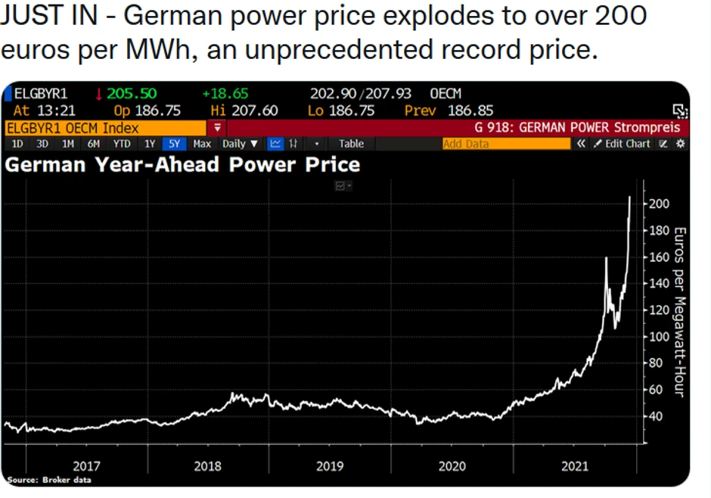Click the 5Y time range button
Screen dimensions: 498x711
[x=174, y=144]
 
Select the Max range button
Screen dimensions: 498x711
[x=202, y=144]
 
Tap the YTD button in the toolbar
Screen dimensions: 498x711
[x=122, y=144]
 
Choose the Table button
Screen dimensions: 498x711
[x=351, y=144]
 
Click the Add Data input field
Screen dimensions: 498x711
[x=505, y=144]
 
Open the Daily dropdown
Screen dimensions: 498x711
[x=240, y=144]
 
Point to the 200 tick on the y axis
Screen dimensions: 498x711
[x=660, y=204]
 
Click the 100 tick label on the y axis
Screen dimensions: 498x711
[x=660, y=337]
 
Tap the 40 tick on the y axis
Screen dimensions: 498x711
[x=657, y=416]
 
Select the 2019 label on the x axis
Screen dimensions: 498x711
[x=330, y=466]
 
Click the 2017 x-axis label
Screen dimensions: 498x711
[x=86, y=466]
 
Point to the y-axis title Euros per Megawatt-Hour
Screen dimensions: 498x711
[x=678, y=310]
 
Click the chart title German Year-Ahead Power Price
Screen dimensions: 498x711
[x=182, y=164]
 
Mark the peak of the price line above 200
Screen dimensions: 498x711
[x=630, y=198]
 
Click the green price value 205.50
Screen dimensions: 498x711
[x=132, y=94]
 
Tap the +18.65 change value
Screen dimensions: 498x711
[x=225, y=94]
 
